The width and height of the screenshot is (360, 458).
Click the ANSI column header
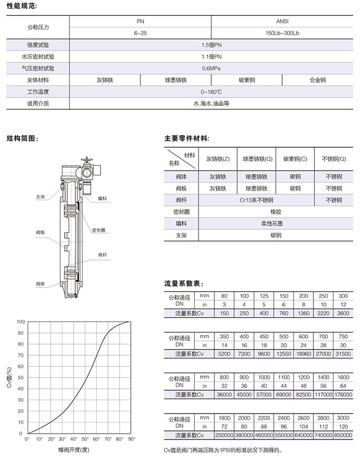pos(282,22)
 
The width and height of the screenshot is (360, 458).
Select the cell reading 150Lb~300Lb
pos(282,33)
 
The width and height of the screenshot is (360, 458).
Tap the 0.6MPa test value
pos(211,68)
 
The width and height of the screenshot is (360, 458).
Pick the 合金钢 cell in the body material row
pos(318,80)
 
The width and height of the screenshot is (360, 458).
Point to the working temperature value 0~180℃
pos(211,92)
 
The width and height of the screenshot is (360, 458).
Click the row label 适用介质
pos(38,103)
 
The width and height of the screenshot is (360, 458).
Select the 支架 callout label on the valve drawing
pos(41,196)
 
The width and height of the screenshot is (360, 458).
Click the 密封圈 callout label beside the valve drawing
pos(98,230)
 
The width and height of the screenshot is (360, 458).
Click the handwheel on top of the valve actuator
pos(88,159)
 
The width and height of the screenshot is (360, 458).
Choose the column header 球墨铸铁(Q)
pos(257,158)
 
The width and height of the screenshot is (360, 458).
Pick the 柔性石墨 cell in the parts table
pos(275,223)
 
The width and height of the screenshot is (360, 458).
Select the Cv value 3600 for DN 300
pos(343,313)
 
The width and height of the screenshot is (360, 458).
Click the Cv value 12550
pos(283,354)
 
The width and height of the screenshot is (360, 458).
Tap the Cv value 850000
pos(343,435)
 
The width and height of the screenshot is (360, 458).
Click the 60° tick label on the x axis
pos(97,439)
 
